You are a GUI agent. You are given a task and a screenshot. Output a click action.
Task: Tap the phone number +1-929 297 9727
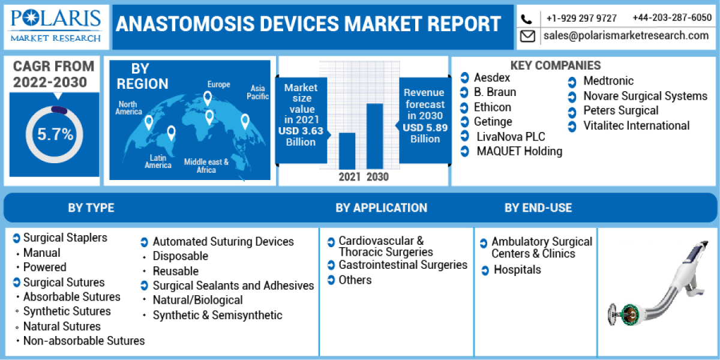[581, 18]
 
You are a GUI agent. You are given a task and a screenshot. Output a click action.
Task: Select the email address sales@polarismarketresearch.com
[626, 36]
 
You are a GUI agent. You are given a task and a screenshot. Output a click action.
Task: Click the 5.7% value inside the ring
[55, 134]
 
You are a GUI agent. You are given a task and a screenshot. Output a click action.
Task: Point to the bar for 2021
[347, 151]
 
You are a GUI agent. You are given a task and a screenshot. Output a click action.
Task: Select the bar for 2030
[374, 136]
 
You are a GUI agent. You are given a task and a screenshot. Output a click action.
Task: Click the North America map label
[128, 108]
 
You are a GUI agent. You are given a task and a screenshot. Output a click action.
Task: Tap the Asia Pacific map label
[258, 92]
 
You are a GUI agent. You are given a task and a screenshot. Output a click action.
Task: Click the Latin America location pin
[171, 133]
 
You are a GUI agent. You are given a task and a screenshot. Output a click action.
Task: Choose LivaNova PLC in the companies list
[511, 137]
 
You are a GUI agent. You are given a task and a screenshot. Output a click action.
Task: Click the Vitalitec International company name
[636, 126]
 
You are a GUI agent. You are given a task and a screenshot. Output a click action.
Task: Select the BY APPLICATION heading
[381, 208]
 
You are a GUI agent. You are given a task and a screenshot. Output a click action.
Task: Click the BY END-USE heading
[538, 208]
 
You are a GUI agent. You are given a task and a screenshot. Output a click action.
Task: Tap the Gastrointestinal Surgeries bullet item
[403, 265]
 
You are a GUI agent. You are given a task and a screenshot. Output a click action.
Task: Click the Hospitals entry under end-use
[517, 270]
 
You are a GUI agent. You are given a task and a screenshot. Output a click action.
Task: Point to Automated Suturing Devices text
[223, 242]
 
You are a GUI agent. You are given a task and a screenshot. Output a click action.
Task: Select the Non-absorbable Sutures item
[84, 341]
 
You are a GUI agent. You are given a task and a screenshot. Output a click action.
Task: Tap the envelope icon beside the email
[527, 37]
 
